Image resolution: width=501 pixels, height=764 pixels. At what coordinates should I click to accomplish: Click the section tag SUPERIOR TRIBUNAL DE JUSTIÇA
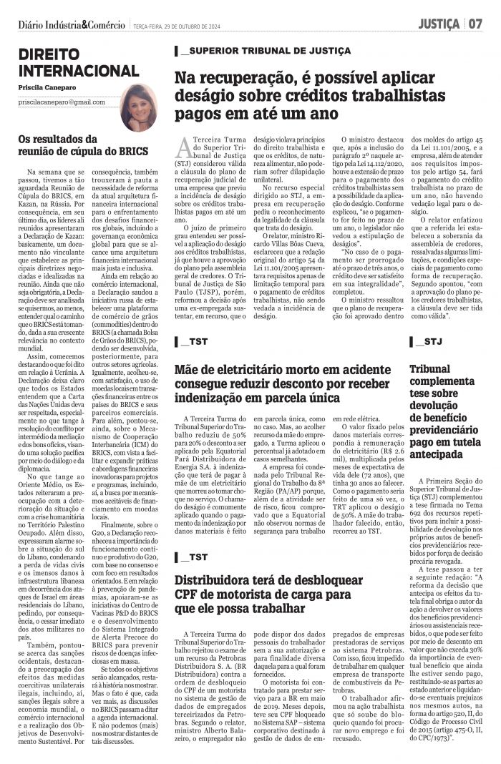[265, 52]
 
